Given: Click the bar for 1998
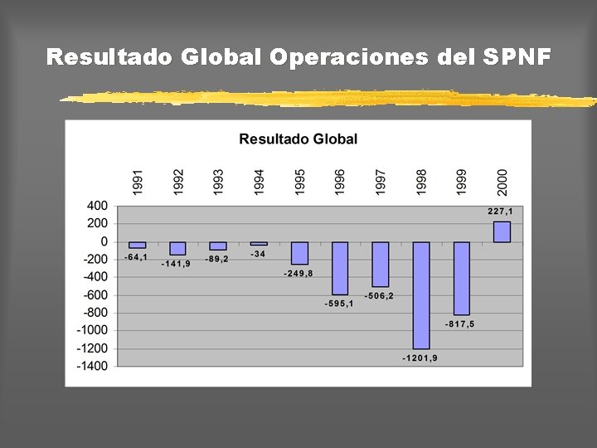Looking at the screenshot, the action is coord(421,295).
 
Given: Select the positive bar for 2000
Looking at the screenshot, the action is coord(502,231).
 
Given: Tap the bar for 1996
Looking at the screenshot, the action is coord(340,268).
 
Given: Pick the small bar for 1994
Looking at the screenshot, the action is coord(259,243).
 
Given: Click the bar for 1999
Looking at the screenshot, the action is coord(462,279).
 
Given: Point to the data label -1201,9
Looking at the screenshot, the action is coord(420,358).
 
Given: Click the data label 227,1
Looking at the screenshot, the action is coord(500,212).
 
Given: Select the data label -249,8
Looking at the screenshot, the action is coord(298,274).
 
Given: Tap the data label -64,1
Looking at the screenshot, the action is coord(136,257).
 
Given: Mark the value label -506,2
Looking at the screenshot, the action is coord(379,295).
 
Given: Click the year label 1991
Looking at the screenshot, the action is coord(138,183).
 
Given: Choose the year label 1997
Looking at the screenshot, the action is coord(380,183).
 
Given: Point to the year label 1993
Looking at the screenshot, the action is coord(218,183).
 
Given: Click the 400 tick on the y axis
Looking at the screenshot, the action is coord(98,206).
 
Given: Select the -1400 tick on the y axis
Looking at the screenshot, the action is coord(92,366).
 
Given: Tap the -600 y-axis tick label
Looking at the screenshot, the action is coord(95,295).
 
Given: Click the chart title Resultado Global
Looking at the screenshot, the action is coord(298,139).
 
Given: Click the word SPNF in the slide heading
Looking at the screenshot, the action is coord(517,56).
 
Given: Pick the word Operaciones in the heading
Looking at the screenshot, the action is coord(349,56).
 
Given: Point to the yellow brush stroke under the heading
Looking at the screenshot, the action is coord(328,98).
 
